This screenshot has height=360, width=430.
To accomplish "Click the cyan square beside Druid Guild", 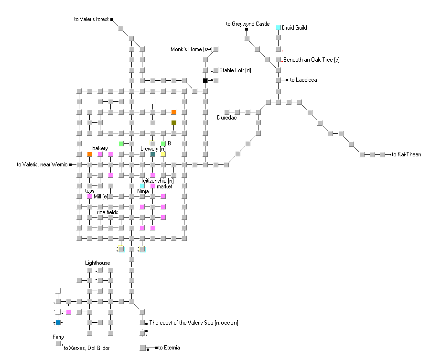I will point(278,28).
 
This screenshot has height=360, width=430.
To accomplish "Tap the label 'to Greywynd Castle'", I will point(248,24).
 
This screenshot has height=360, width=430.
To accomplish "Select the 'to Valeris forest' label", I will point(91,20).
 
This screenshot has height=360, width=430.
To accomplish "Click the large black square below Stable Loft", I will point(205,80).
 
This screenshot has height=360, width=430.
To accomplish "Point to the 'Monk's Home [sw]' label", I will point(191,49).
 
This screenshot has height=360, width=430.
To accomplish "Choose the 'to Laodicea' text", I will point(303,80).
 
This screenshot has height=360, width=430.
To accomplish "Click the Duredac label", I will point(227,118).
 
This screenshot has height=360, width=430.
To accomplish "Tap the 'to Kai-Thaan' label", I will point(407,154).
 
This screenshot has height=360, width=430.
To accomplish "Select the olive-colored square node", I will point(173,123).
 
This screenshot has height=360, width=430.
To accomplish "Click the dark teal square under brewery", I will point(152,154).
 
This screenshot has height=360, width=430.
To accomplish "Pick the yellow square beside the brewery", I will point(163,154).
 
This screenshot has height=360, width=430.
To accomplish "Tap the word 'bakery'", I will point(100,148).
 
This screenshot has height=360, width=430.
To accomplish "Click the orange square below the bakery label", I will point(89,154).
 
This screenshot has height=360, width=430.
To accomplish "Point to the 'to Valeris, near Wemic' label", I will point(42,165).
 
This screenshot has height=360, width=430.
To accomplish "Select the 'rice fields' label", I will point(107,212).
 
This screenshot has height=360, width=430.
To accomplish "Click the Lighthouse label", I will point(97,263).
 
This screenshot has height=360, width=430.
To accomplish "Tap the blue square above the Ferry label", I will point(58,323).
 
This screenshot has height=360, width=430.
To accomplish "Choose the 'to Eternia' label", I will point(169,348).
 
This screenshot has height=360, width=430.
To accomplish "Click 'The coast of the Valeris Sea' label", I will point(193,323).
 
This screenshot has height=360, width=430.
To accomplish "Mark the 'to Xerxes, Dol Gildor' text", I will point(86,348).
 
